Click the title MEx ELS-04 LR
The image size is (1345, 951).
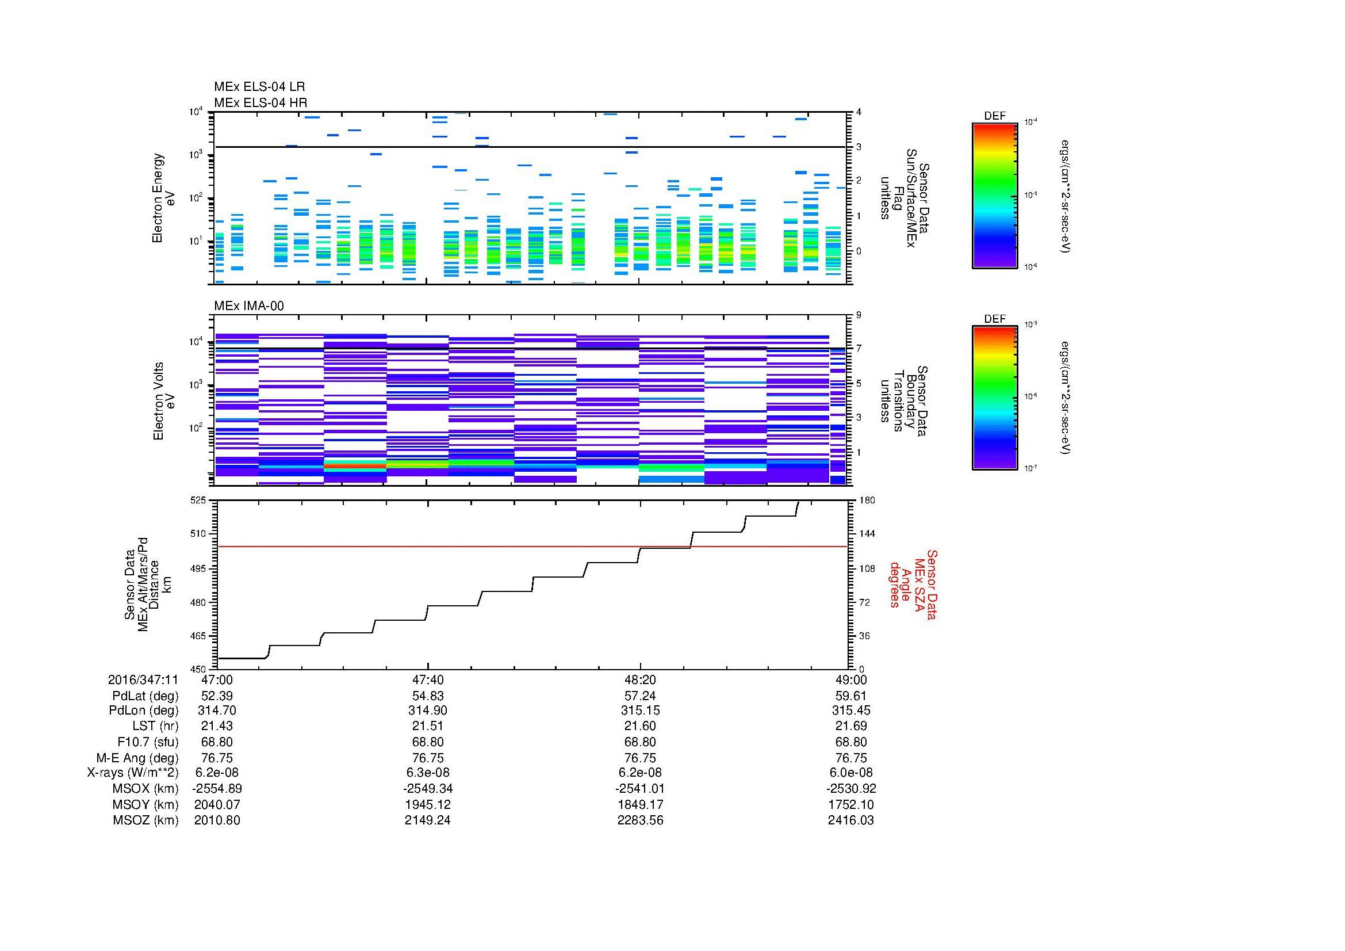pyautogui.click(x=259, y=87)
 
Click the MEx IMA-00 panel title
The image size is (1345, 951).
pyautogui.click(x=249, y=306)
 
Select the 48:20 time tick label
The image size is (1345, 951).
pyautogui.click(x=640, y=679)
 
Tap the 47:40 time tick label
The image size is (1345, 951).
pyautogui.click(x=428, y=679)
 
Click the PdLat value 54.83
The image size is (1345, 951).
pyautogui.click(x=428, y=696)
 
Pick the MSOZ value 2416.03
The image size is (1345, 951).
pyautogui.click(x=850, y=820)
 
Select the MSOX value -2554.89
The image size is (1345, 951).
pyautogui.click(x=217, y=788)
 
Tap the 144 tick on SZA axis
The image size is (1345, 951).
pyautogui.click(x=866, y=534)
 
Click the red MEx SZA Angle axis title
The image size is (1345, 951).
pyautogui.click(x=913, y=584)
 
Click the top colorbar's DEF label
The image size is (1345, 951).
pyautogui.click(x=995, y=116)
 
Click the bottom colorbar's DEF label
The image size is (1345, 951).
pyautogui.click(x=995, y=319)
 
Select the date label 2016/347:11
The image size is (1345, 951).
pyautogui.click(x=143, y=679)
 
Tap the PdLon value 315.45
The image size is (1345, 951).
pyautogui.click(x=850, y=711)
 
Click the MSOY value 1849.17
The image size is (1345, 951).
pyautogui.click(x=640, y=804)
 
